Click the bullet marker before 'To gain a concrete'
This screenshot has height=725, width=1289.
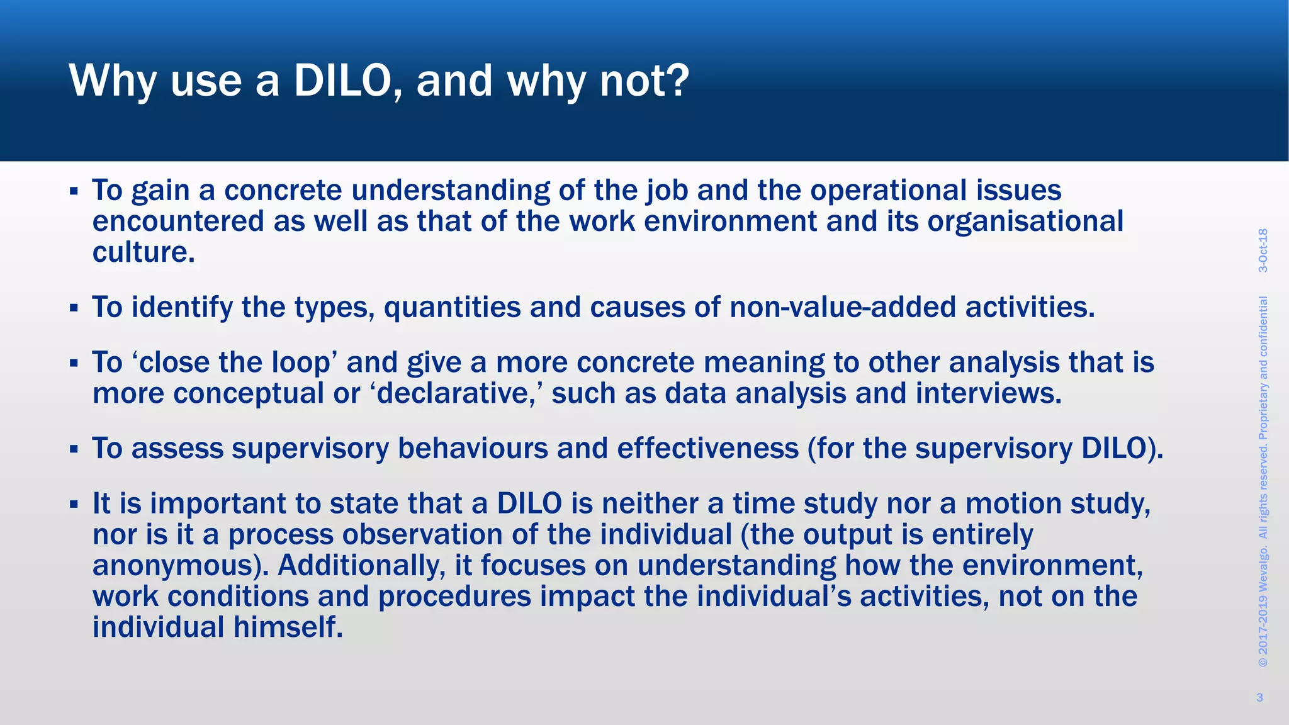(74, 191)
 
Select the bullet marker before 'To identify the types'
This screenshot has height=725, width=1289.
(74, 308)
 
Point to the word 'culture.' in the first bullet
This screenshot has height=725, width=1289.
(144, 252)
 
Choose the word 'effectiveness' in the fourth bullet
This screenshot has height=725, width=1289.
(707, 449)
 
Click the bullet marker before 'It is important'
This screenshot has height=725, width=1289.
(74, 504)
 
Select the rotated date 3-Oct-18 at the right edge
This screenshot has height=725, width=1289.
(1263, 250)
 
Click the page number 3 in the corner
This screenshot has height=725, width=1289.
(1259, 697)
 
